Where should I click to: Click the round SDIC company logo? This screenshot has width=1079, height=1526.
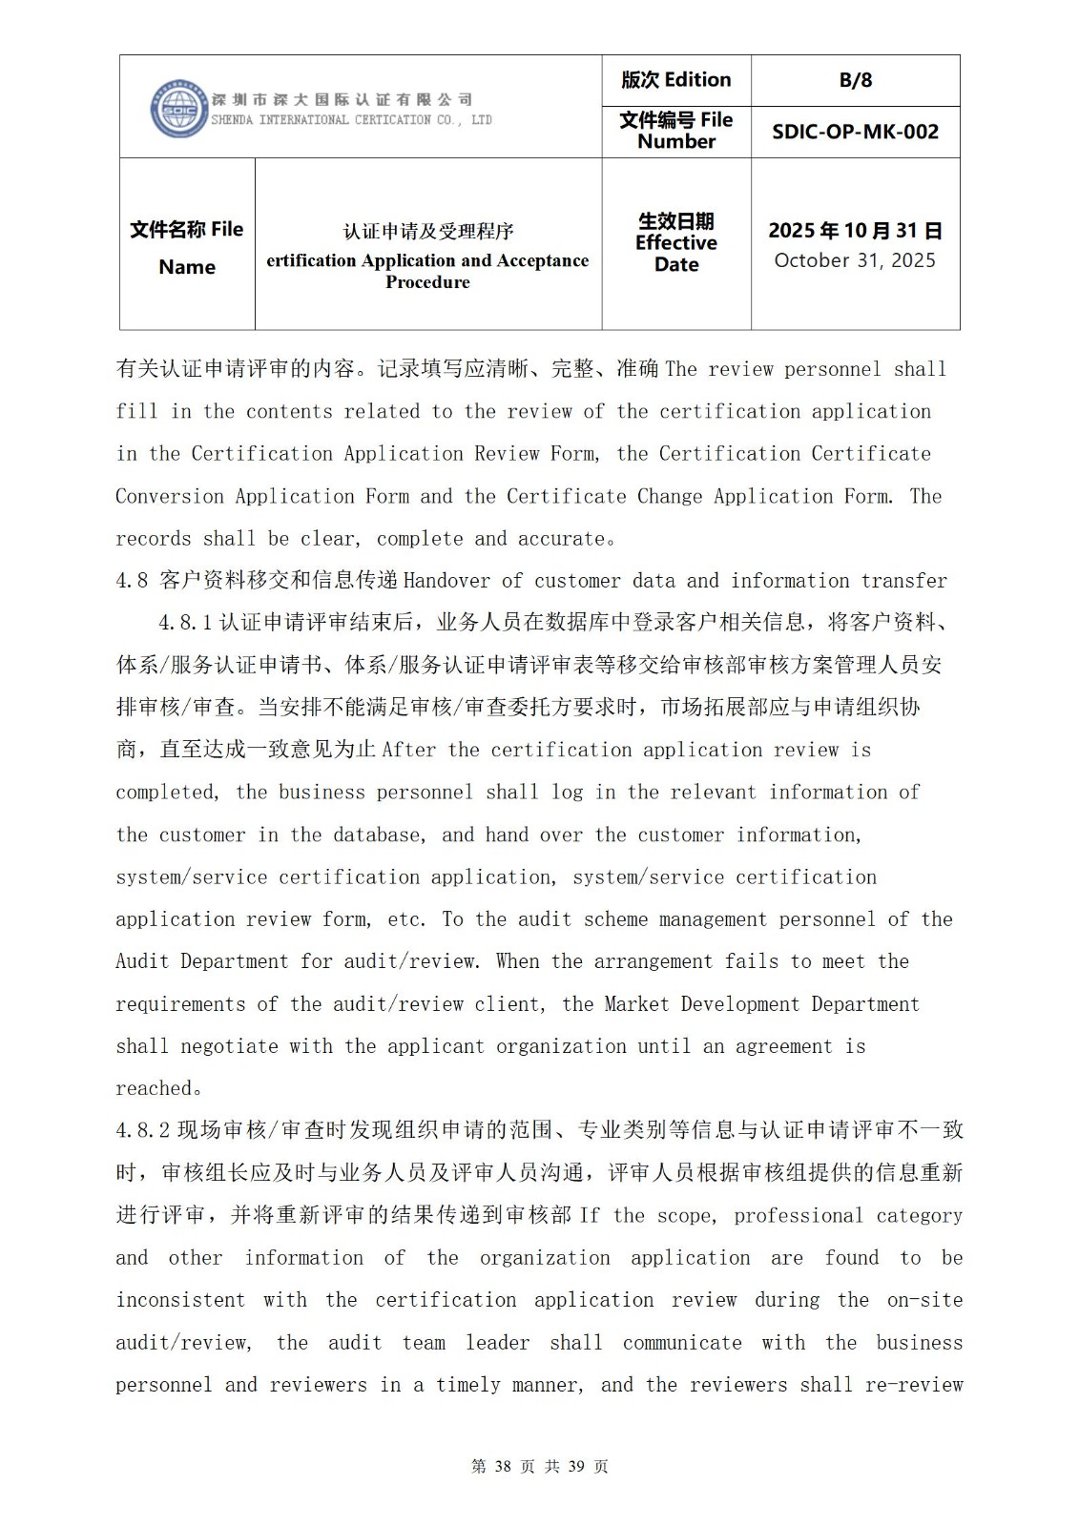pos(178,108)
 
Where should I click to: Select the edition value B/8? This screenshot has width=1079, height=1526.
pos(856,80)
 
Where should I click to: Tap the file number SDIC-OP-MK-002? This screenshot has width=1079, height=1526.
pos(855,132)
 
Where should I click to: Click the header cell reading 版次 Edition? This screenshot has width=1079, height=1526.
pos(676,80)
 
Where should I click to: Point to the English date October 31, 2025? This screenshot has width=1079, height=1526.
pos(855,260)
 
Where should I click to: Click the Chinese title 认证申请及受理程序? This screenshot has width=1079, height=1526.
pos(428,231)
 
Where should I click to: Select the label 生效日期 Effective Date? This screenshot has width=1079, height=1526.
pos(676,243)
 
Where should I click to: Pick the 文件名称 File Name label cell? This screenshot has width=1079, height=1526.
pos(187,247)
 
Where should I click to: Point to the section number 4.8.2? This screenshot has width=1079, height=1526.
pos(143,1131)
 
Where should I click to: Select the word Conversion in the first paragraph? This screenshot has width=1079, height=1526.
pos(169,497)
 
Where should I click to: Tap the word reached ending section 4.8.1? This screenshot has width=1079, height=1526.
pos(154,1089)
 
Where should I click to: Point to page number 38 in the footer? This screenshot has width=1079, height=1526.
pos(504,1467)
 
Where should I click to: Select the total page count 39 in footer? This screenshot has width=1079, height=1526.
pos(576,1467)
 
